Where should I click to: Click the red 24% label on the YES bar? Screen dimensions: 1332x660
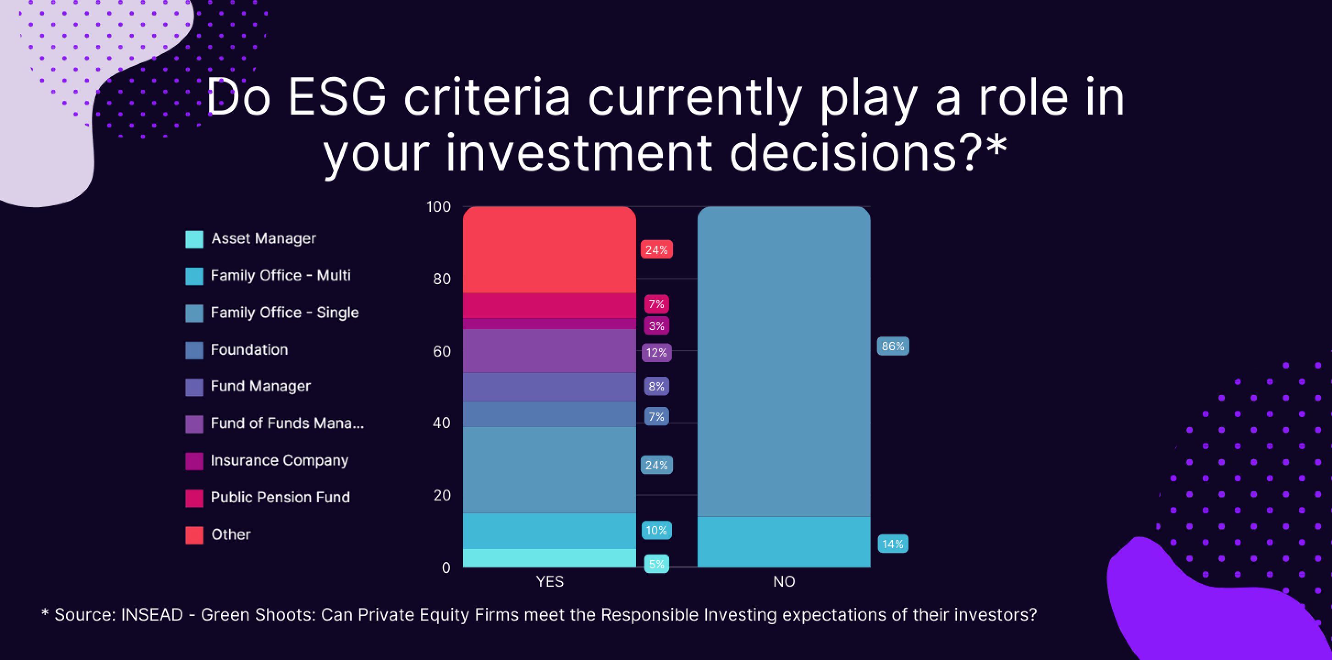[x=656, y=250]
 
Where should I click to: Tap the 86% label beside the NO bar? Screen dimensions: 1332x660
[x=893, y=346]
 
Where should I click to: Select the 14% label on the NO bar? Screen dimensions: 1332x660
[x=893, y=544]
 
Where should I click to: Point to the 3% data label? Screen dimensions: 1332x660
[x=656, y=326]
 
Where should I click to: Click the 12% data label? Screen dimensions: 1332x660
[x=656, y=353]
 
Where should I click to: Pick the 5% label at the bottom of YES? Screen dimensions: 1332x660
[x=656, y=564]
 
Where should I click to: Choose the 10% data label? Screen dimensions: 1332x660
[x=656, y=530]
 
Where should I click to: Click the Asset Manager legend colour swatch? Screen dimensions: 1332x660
[x=194, y=240]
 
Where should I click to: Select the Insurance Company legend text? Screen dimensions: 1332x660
[x=280, y=460]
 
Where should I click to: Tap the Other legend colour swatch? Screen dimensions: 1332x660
[x=194, y=535]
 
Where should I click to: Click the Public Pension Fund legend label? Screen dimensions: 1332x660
[x=280, y=497]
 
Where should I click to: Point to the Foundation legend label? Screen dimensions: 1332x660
[x=249, y=350]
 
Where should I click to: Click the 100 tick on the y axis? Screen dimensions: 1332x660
[x=439, y=207]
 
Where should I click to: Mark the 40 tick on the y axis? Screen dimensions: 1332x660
[x=441, y=423]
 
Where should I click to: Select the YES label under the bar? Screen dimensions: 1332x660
[x=550, y=581]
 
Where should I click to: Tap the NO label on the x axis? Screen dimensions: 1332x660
[x=784, y=581]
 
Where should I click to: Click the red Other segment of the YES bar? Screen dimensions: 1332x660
[x=549, y=250]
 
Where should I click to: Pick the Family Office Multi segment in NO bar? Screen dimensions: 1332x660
[x=784, y=542]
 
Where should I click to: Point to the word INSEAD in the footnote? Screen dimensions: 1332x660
[x=152, y=615]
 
